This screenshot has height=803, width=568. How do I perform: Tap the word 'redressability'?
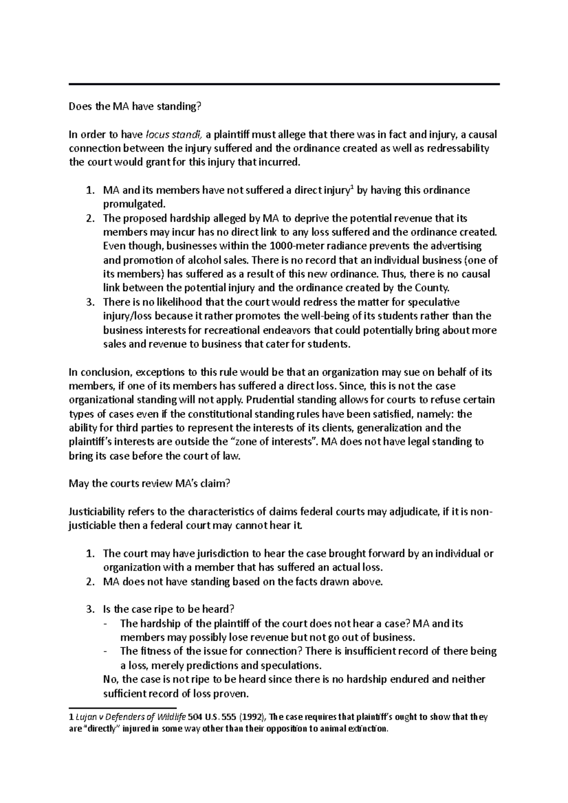(458, 149)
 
